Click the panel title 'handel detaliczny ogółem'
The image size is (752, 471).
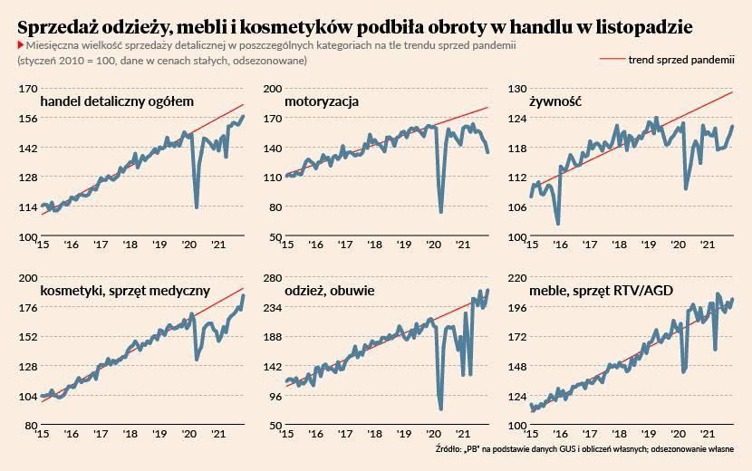pyautogui.click(x=118, y=101)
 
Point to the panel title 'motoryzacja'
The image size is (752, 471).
pyautogui.click(x=321, y=101)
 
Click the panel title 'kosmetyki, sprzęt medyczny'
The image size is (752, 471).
pyautogui.click(x=126, y=291)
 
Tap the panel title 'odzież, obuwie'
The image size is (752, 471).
pyautogui.click(x=329, y=291)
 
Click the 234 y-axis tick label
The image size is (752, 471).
pyautogui.click(x=272, y=308)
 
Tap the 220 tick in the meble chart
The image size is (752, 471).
pyautogui.click(x=516, y=278)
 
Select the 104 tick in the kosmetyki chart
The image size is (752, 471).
pyautogui.click(x=27, y=397)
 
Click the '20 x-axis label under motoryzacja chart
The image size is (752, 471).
pyautogui.click(x=433, y=245)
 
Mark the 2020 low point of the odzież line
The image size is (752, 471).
pyautogui.click(x=440, y=409)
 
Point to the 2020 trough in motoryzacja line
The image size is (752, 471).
pyautogui.click(x=440, y=213)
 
